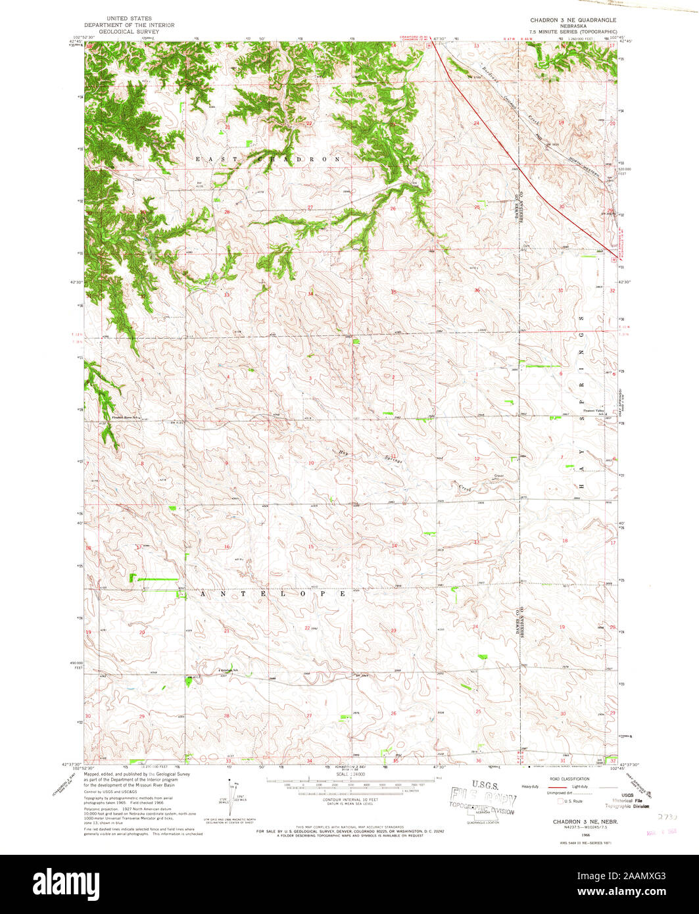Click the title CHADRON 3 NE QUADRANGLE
pyautogui.click(x=573, y=20)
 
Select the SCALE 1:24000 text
pyautogui.click(x=347, y=774)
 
